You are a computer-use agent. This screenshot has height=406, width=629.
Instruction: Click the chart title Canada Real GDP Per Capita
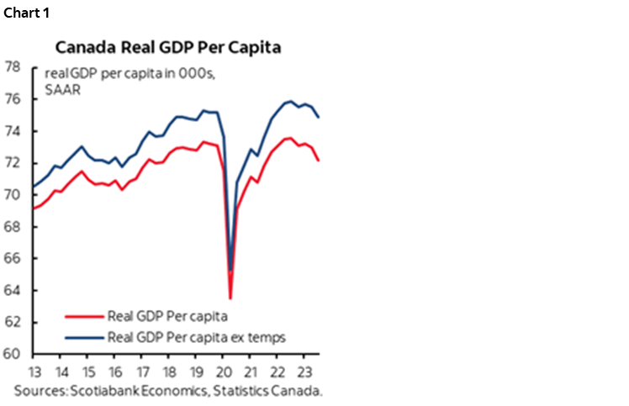coord(168,47)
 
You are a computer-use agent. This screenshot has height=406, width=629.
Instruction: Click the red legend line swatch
coord(84,317)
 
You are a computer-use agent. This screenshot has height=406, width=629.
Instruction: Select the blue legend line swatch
coord(84,337)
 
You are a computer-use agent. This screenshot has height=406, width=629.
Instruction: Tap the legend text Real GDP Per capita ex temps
coord(198,337)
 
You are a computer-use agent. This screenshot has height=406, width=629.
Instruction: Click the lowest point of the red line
coord(230,298)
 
